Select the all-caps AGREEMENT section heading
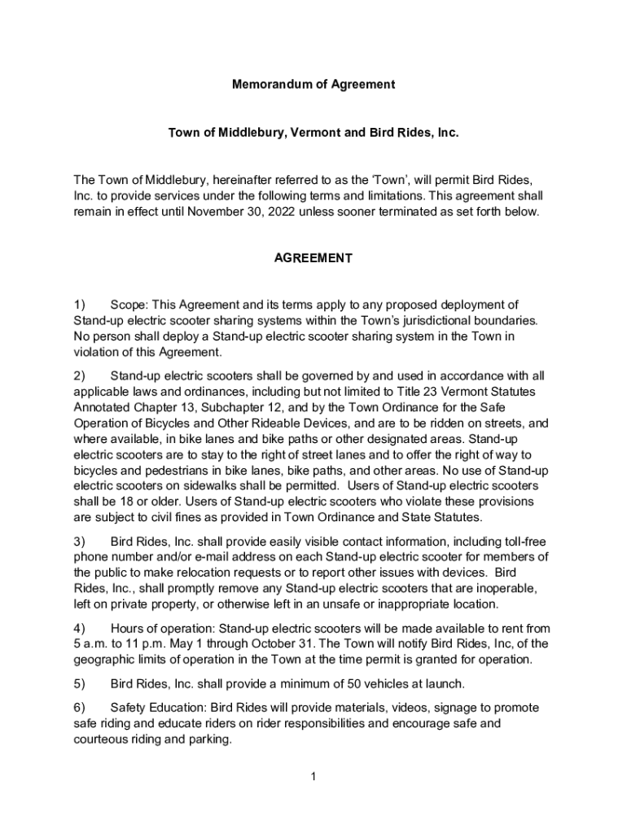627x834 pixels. (313, 258)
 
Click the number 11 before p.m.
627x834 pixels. (127, 643)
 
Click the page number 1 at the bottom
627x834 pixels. (313, 777)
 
